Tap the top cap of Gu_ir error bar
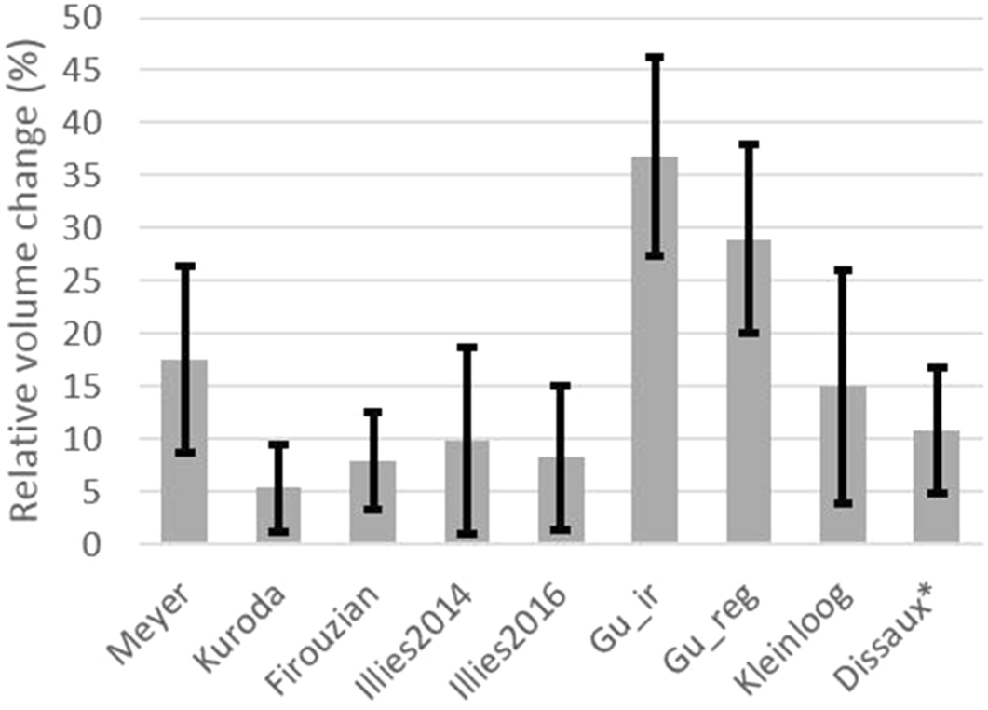[x=655, y=57]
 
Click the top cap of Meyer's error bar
[x=184, y=266]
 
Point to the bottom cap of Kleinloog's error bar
[x=843, y=502]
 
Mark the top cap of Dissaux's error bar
[x=937, y=367]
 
